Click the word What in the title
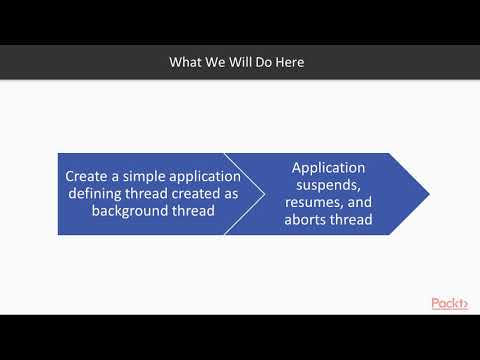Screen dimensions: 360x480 pos(187,63)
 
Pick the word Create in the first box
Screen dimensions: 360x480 pos(86,177)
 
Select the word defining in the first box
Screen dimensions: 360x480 pos(96,194)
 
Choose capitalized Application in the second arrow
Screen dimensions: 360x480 pos(328,167)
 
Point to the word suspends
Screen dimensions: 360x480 pos(328,185)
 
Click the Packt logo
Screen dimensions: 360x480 pos(449,303)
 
